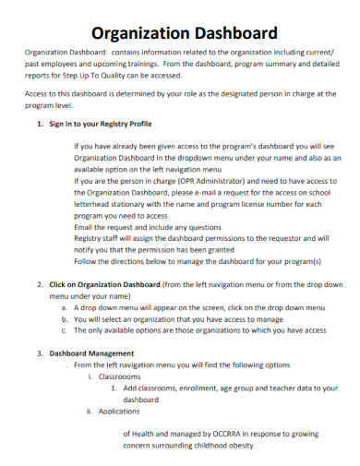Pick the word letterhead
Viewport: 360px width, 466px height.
coord(95,205)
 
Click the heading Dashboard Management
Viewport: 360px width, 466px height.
coord(91,353)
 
